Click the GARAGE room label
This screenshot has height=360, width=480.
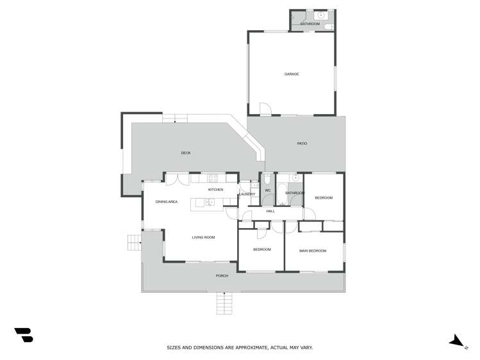292,74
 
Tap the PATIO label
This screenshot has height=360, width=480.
302,143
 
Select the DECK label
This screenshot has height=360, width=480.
186,153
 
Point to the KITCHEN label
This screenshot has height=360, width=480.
215,190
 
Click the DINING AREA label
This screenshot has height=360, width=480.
167,202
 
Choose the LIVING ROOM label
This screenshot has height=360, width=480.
204,238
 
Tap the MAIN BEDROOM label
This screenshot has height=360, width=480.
313,250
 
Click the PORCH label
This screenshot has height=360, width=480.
222,276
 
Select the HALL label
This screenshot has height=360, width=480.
270,211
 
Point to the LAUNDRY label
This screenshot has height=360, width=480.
247,194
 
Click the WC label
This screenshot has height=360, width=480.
269,190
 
